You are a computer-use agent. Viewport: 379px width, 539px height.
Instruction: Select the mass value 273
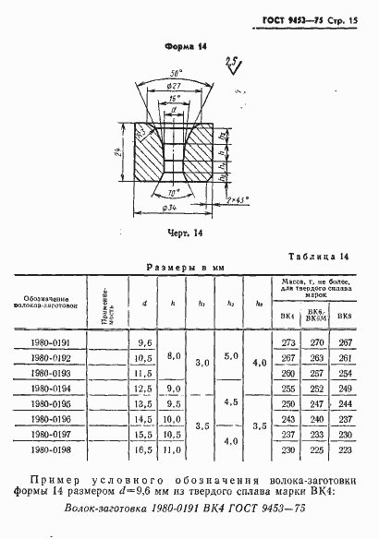tap(287, 342)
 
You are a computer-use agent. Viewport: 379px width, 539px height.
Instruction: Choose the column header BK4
tap(287, 317)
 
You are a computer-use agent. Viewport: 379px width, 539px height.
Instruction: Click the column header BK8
tap(345, 317)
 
